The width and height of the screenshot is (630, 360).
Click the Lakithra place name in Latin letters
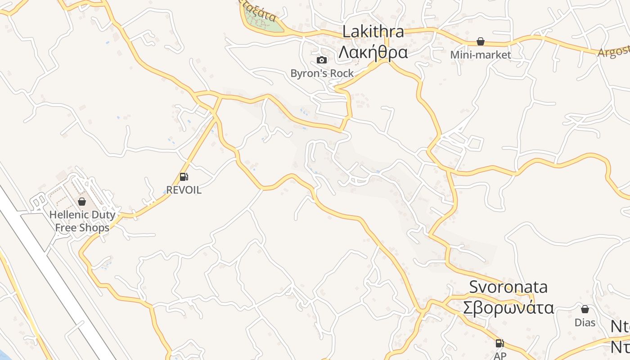click(373, 32)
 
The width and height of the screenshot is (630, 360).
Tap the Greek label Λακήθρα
click(373, 53)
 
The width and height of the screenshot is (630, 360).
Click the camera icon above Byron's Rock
click(322, 60)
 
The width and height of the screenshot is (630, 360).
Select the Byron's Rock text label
click(322, 73)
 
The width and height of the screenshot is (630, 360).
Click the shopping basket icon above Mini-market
click(481, 42)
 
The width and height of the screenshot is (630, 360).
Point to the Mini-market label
click(481, 55)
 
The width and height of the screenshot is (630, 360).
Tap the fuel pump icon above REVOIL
click(184, 177)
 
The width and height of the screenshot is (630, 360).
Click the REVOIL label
click(184, 190)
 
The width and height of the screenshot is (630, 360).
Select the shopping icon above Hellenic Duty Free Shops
click(82, 202)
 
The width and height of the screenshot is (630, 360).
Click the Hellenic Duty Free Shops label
click(82, 221)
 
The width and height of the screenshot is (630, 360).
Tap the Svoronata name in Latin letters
click(508, 287)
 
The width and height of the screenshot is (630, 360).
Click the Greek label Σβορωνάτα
click(508, 308)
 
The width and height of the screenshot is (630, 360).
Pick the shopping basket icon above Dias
click(585, 309)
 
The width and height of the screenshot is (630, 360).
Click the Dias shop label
click(585, 322)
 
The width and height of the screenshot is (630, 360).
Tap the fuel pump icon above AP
click(499, 343)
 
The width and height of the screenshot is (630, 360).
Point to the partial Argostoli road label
click(613, 50)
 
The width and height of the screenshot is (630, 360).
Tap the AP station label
click(499, 355)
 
